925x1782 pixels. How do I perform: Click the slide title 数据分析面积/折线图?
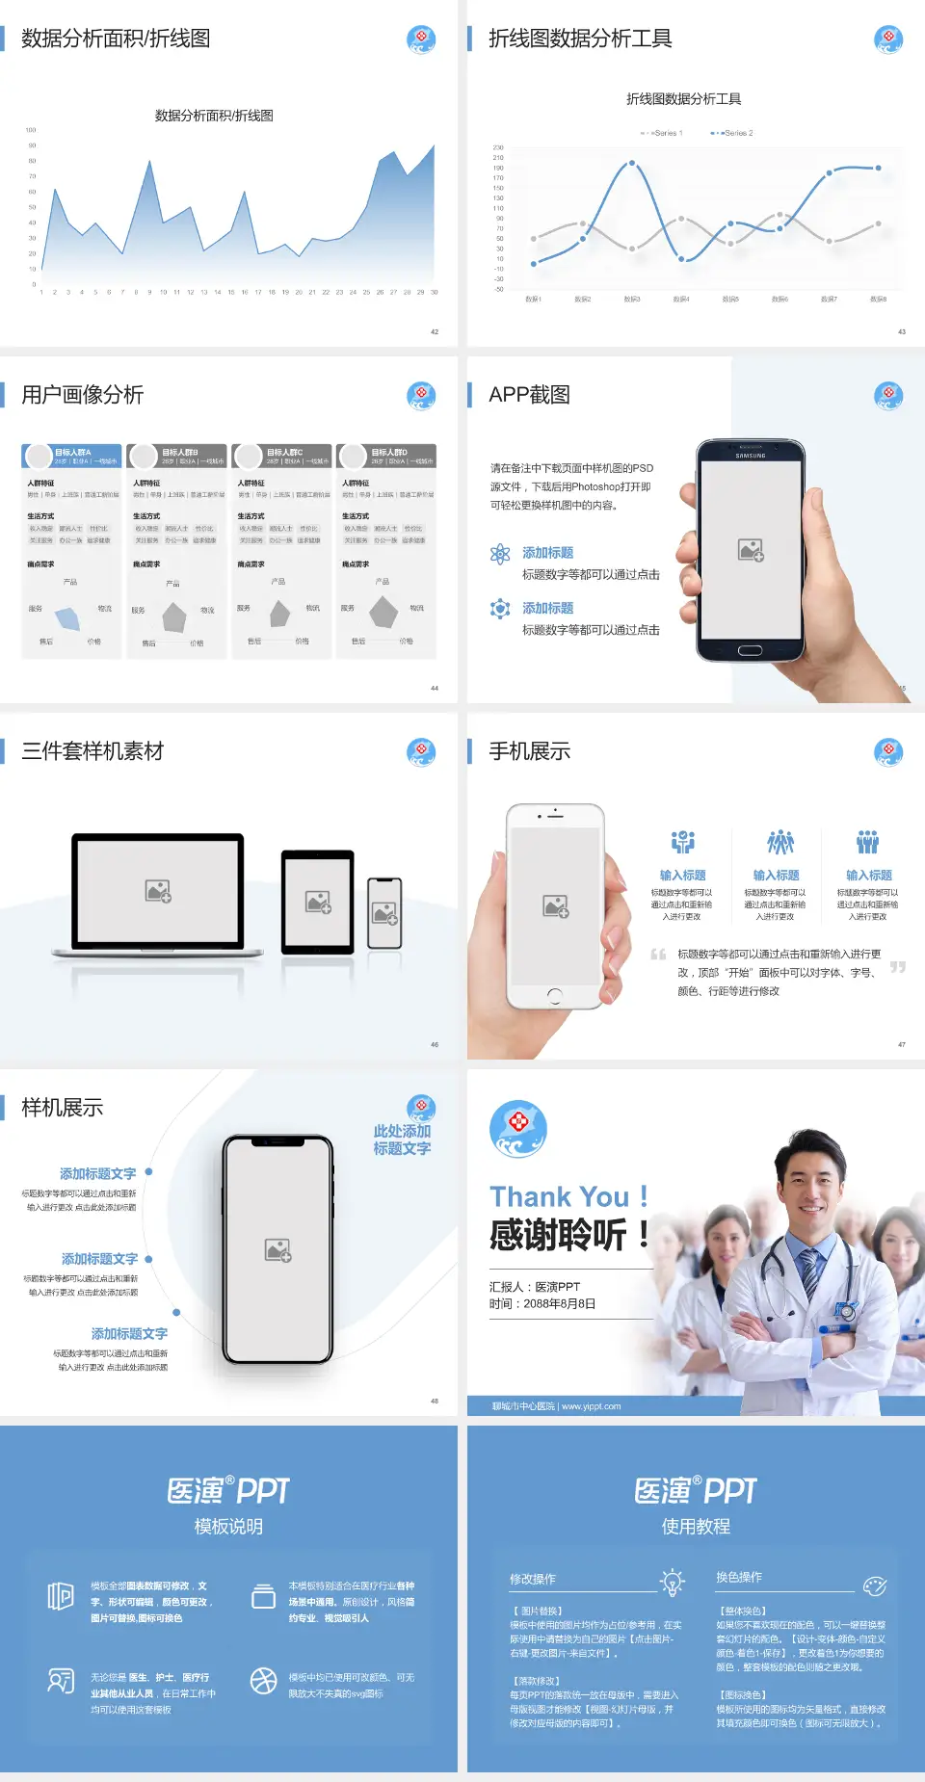116,39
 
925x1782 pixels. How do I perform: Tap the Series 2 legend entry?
734,133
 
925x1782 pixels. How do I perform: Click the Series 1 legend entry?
663,133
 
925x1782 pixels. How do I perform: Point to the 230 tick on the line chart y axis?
498,147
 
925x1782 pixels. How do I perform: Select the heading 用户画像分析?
83,395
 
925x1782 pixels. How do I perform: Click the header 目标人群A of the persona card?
73,452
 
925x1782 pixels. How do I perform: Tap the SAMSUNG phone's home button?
750,650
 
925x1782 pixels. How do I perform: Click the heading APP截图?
529,395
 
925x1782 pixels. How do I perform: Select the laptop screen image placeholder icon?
158,891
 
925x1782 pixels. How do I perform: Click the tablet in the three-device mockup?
318,902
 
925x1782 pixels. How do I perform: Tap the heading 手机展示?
529,751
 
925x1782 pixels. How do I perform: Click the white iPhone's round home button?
554,995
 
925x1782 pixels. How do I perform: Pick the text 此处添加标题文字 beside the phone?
402,1140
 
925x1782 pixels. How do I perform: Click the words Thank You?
559,1196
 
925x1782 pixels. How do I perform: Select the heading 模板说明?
228,1527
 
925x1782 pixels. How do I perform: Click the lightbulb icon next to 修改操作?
672,1582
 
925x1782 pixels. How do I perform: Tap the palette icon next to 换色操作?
874,1586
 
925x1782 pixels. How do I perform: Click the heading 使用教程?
696,1527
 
